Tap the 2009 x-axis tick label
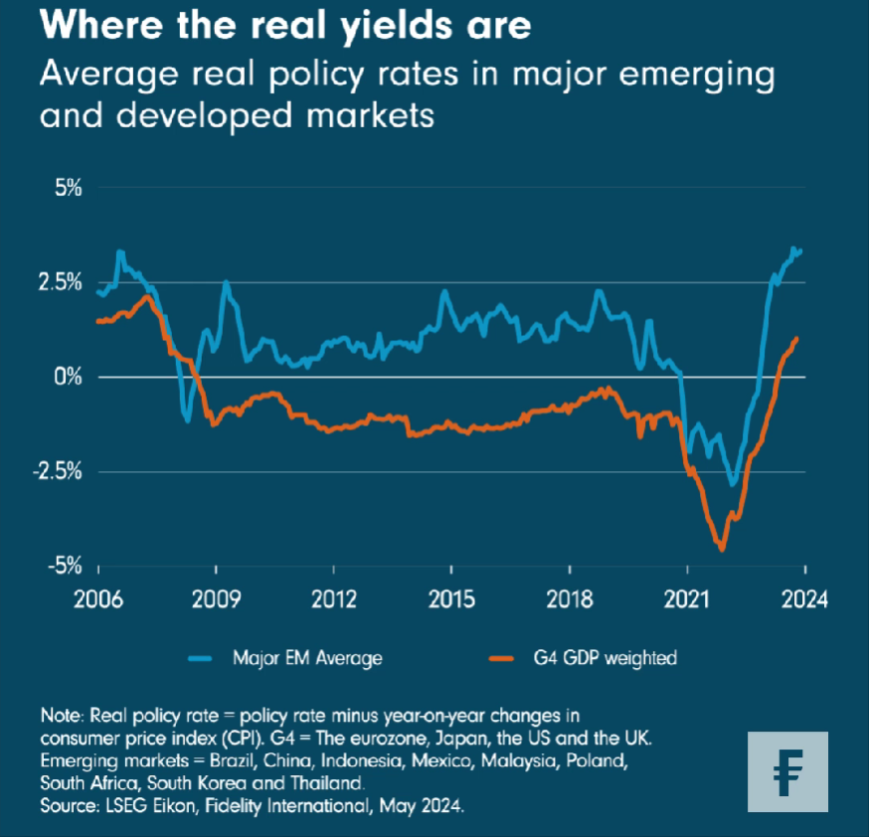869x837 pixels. tap(216, 599)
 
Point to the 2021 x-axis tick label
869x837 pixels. tap(686, 599)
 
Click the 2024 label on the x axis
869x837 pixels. tap(803, 599)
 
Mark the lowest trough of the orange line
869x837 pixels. tap(722, 549)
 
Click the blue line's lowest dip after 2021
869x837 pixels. tap(733, 485)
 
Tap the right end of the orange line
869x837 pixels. tap(796, 339)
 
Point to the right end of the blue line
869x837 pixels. tap(800, 251)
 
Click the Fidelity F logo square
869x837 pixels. tap(787, 771)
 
